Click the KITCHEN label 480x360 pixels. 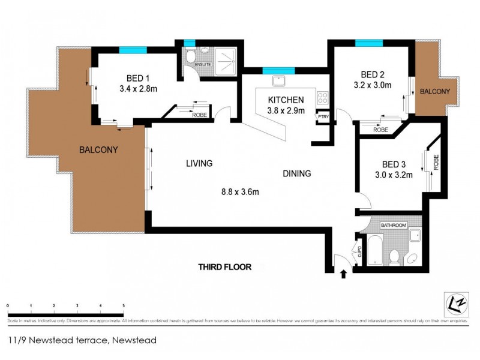click(286, 100)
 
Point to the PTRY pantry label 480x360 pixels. click(323, 117)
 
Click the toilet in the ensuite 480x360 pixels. click(190, 58)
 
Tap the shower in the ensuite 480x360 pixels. click(224, 58)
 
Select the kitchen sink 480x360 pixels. click(278, 80)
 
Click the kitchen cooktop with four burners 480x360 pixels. click(322, 97)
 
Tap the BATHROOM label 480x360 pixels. click(395, 225)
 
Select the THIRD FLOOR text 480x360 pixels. click(226, 267)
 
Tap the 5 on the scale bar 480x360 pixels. click(124, 305)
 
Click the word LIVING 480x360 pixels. click(200, 163)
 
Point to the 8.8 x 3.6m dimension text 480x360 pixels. click(240, 193)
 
